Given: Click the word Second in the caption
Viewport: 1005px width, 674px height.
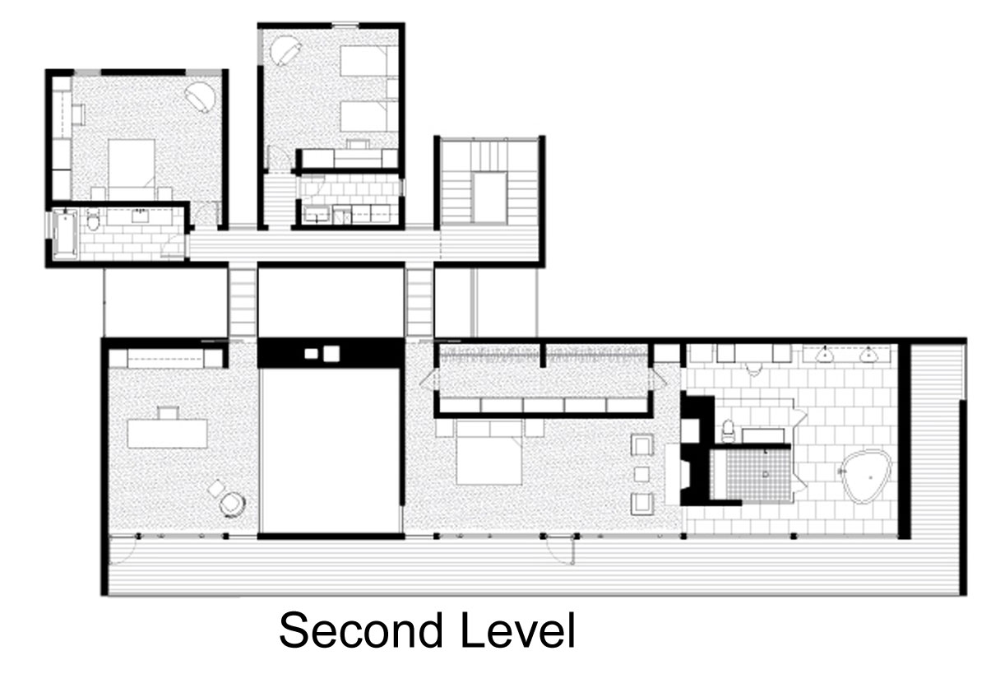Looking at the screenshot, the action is pos(361,630).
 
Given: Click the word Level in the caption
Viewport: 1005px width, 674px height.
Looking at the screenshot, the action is pos(517,630).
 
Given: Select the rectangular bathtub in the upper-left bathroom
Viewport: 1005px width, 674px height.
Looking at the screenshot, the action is pos(65,234).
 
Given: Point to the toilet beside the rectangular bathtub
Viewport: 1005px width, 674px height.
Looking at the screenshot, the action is pos(93,220).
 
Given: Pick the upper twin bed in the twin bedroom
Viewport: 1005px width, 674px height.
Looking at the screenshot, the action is pos(368,61).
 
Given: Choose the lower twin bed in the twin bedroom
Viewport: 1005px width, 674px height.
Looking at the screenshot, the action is pos(368,116).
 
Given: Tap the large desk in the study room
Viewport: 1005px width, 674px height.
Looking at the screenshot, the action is pos(167,434).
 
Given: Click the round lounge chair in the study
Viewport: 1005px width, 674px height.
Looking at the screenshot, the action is pos(232,504).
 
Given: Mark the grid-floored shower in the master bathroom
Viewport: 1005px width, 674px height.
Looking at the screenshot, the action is pos(751,475).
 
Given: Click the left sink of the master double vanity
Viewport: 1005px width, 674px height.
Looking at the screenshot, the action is pos(824,355).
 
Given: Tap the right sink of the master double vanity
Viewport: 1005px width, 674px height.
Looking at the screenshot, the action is pos(868,355).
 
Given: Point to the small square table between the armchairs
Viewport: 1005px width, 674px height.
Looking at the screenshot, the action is pos(641,474).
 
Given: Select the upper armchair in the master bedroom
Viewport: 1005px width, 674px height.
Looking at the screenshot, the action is pos(642,444).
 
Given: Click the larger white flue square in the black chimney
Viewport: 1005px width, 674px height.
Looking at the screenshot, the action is pos(331,354).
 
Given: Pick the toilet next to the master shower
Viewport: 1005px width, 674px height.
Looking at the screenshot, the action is pos(728,431).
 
